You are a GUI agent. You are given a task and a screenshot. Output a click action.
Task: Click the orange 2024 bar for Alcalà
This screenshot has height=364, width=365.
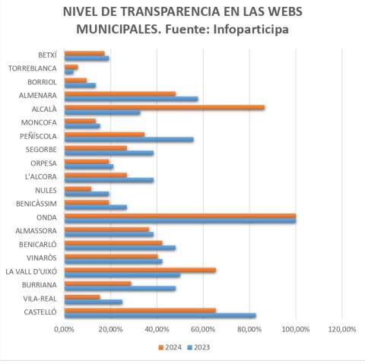tap(164, 107)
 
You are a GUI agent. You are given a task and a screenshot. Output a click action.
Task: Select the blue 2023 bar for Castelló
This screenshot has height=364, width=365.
tap(160, 315)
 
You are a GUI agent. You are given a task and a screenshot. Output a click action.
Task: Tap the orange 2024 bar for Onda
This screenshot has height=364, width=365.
tap(180, 216)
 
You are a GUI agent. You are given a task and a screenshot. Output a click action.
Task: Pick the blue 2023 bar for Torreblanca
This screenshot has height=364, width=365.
tap(69, 72)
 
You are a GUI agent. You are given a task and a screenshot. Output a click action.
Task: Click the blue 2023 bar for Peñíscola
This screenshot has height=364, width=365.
tap(129, 140)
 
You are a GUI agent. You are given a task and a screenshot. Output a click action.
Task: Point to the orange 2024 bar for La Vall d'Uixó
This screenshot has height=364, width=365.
tap(140, 270)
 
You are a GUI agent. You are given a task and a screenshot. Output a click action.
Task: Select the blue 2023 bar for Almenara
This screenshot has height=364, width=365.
tap(132, 99)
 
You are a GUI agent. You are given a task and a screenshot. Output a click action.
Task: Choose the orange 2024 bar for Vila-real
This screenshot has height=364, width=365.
tap(82, 297)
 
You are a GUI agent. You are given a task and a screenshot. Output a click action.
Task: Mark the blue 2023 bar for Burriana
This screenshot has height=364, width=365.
tap(120, 288)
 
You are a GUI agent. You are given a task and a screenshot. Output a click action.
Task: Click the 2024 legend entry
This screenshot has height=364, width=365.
tap(170, 347)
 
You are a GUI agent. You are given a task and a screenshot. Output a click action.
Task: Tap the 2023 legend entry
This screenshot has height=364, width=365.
tap(198, 347)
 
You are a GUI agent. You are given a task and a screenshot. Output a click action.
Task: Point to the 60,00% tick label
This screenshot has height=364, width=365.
tap(203, 329)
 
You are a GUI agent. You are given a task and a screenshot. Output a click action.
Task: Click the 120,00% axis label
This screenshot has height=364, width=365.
tap(342, 329)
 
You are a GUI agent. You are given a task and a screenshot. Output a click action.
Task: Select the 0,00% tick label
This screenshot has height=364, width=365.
tap(64, 329)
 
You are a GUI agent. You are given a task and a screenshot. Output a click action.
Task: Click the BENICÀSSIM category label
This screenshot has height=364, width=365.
tap(36, 204)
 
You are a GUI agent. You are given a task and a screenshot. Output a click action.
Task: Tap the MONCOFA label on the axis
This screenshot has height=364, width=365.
tap(39, 122)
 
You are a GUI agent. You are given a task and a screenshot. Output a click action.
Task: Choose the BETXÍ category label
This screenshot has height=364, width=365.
tap(47, 55)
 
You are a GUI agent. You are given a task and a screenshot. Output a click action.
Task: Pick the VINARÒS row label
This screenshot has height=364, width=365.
tap(42, 258)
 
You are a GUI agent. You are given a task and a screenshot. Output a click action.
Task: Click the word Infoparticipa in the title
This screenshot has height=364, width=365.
tap(251, 30)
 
